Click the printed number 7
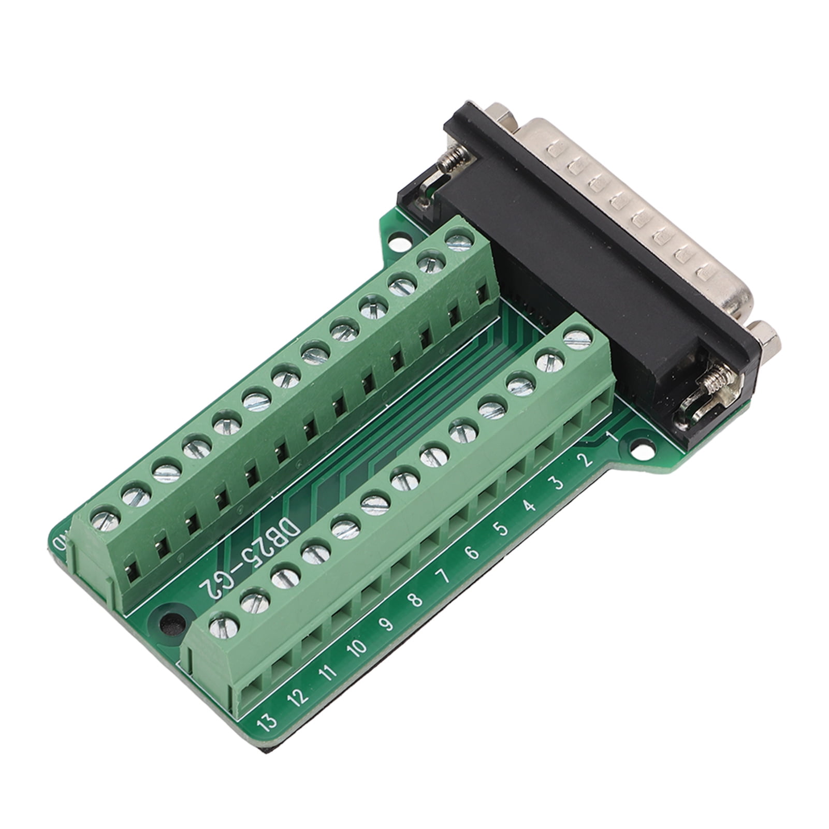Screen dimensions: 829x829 pyautogui.click(x=444, y=577)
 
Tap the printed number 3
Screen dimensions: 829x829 pyautogui.click(x=557, y=484)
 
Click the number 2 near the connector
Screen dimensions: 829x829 pyautogui.click(x=587, y=460)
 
